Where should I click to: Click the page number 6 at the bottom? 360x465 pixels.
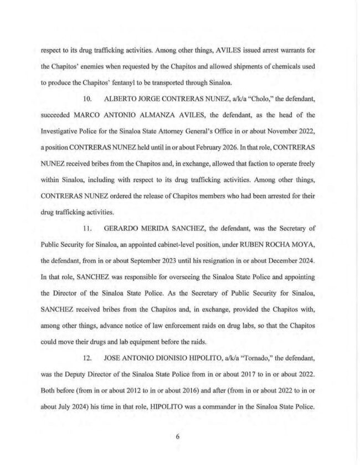point(177,436)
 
